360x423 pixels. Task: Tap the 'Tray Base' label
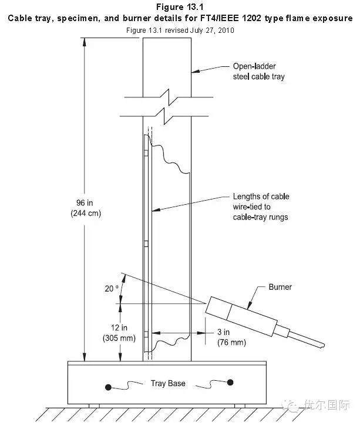168,384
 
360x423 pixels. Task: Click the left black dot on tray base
109,386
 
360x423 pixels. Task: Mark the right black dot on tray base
231,383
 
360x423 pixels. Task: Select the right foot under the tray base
239,405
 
